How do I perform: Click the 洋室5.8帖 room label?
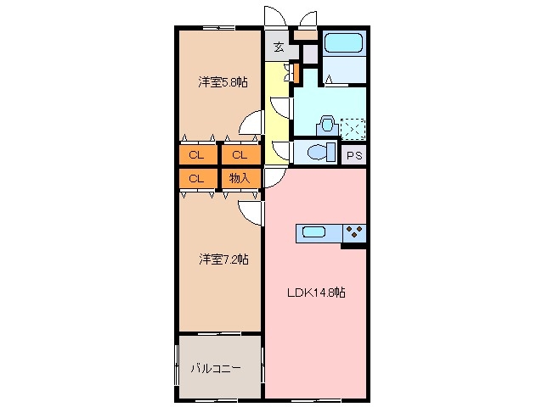[223, 82]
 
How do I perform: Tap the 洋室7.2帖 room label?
[223, 259]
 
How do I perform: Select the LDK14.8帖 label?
[315, 292]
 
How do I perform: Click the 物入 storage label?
[240, 178]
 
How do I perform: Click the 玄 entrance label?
[278, 47]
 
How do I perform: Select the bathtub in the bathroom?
[343, 43]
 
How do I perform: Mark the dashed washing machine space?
[352, 128]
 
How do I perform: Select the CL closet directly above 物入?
[240, 155]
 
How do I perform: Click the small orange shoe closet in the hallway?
[296, 73]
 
